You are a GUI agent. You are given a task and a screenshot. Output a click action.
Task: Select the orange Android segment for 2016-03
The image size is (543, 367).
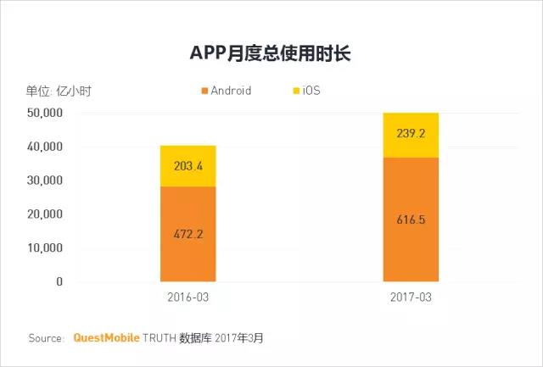(x=188, y=254)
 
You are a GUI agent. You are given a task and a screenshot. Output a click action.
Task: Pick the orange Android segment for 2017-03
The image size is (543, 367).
(x=411, y=246)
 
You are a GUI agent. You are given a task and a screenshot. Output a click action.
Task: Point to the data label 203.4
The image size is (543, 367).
(x=188, y=166)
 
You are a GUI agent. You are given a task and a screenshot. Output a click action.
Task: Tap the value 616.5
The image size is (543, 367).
(x=411, y=220)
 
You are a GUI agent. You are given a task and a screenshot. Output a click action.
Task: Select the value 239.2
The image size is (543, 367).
(x=411, y=134)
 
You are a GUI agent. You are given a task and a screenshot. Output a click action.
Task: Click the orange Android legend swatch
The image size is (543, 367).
(x=204, y=91)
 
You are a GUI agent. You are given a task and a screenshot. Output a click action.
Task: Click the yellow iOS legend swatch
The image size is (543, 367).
(x=297, y=91)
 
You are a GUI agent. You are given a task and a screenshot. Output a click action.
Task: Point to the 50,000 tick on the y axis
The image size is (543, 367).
(x=45, y=113)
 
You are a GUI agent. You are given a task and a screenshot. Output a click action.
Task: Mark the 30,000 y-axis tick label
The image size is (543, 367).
(x=45, y=181)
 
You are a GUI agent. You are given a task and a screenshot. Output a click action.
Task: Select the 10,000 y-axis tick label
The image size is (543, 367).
(x=45, y=248)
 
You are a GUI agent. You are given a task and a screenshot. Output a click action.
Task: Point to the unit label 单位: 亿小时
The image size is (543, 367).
(x=59, y=91)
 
